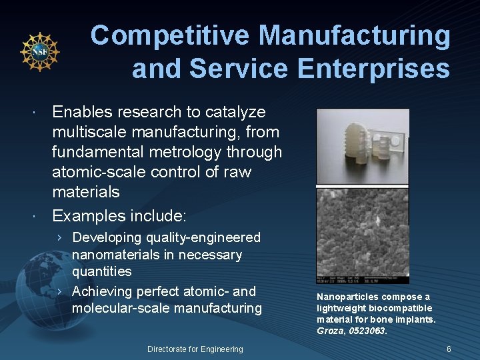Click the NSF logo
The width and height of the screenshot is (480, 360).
pos(40,52)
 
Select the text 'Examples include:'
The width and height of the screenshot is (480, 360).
pos(119,215)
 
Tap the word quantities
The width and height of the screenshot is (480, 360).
pos(101,272)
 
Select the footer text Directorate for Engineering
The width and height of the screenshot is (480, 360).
pos(195,349)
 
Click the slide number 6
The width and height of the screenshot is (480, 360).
pos(449,349)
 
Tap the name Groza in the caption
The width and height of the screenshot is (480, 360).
pos(330,331)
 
